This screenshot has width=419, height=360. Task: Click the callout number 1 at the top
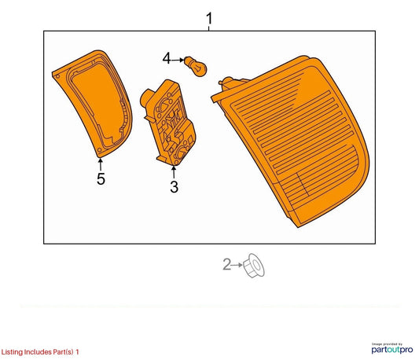209,18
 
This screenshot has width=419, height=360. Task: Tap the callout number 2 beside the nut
226,264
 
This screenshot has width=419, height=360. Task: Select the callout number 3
174,187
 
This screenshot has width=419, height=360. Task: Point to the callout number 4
167,58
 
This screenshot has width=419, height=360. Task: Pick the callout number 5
101,178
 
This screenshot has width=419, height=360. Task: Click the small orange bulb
196,66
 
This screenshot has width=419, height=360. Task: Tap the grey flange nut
253,266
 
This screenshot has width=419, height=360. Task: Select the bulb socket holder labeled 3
168,123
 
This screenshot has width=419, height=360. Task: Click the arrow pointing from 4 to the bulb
177,61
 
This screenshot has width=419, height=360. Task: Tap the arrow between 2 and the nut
237,265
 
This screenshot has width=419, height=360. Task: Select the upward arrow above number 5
101,164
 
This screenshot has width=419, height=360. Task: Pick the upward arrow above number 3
174,172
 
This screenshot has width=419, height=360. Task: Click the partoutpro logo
392,348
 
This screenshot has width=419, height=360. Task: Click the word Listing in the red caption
12,352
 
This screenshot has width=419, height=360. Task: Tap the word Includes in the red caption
38,351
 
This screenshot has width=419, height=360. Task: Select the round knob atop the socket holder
146,97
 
